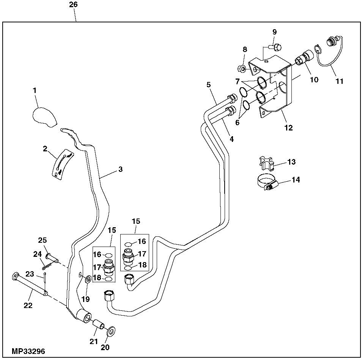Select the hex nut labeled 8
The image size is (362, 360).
[x=241, y=69]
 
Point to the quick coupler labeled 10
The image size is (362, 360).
[x=302, y=60]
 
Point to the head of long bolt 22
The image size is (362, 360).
[x=16, y=276]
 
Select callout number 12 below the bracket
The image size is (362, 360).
[x=288, y=128]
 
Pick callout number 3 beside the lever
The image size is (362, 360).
[x=120, y=170]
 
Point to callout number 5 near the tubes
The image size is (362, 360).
[x=208, y=85]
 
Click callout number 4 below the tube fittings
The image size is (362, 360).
[x=231, y=139]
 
